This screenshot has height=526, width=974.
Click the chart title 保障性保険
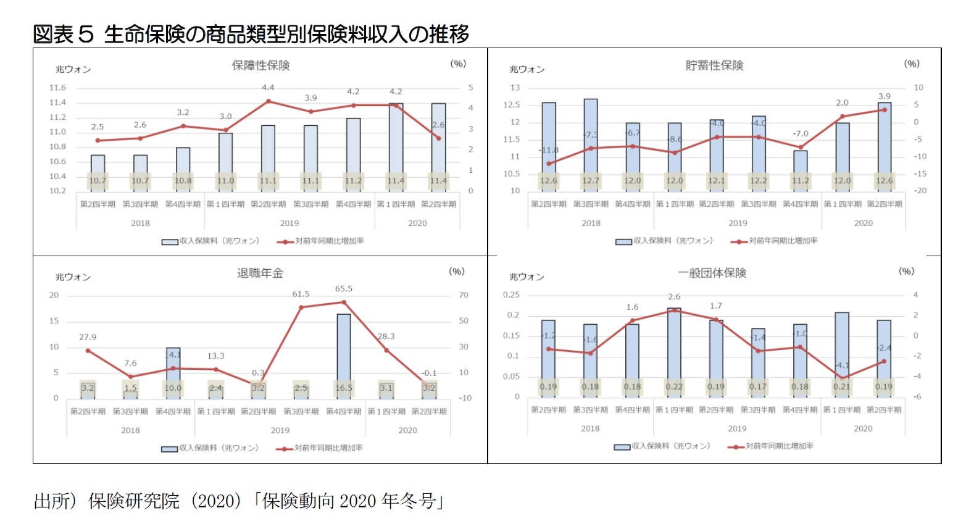click(x=260, y=65)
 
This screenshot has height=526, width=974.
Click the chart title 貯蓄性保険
click(x=714, y=65)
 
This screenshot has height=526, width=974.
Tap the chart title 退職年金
click(x=260, y=273)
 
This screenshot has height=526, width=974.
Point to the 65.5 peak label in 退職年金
click(x=344, y=289)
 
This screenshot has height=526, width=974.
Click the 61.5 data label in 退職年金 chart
click(x=301, y=294)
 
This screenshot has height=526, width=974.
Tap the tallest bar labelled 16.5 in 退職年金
click(x=344, y=352)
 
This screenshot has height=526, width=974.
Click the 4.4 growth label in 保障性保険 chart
click(x=268, y=88)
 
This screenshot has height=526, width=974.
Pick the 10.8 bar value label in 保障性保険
click(x=183, y=181)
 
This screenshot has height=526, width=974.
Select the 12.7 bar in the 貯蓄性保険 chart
click(x=591, y=139)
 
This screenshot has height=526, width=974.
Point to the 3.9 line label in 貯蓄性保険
click(x=885, y=96)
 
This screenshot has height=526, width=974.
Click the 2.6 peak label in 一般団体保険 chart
click(x=674, y=297)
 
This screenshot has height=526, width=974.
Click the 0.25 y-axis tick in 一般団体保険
click(x=511, y=295)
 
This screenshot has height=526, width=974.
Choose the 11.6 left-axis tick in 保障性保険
click(x=57, y=88)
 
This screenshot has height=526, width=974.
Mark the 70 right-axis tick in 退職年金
click(x=464, y=295)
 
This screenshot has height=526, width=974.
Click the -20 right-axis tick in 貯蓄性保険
click(x=920, y=191)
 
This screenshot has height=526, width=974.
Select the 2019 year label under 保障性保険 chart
click(x=289, y=223)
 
